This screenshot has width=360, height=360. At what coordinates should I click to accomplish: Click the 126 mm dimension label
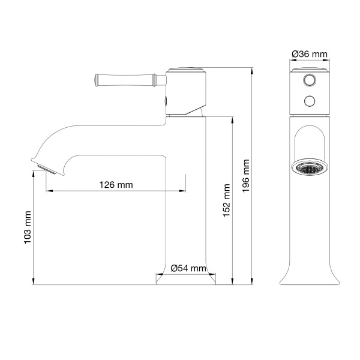[x=116, y=185]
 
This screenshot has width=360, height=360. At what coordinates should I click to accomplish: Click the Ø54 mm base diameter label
[x=188, y=268]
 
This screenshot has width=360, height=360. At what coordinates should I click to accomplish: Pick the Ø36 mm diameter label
[x=310, y=55]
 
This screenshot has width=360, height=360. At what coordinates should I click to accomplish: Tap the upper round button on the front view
[x=310, y=80]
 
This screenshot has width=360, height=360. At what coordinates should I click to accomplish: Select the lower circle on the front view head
[x=310, y=100]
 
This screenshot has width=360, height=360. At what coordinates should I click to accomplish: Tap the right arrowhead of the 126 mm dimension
[x=182, y=191]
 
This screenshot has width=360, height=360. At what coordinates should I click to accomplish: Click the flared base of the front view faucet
[x=310, y=273]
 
